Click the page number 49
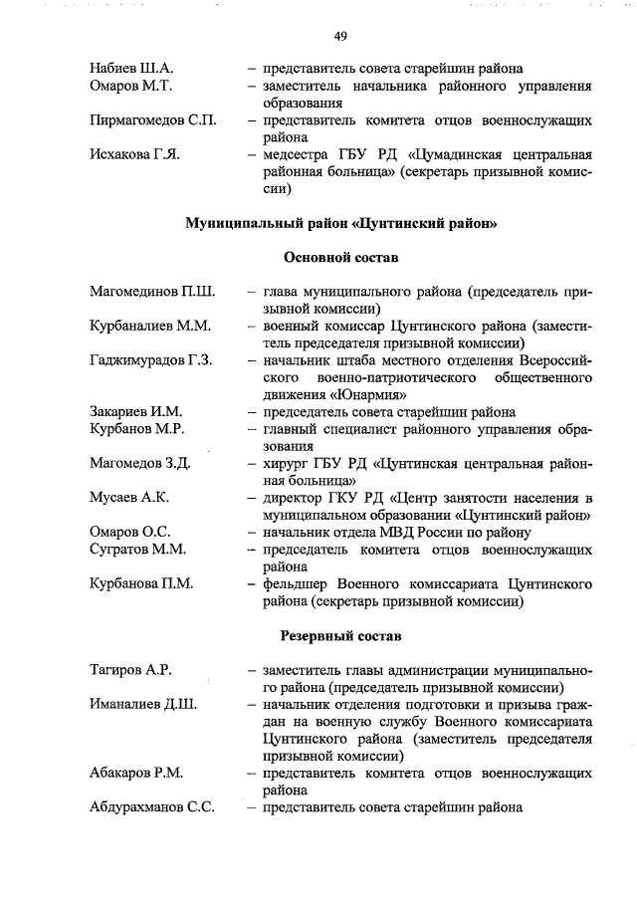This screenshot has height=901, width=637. (x=340, y=36)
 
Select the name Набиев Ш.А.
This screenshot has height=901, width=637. (x=131, y=69)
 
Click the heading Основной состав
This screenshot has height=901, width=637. (x=341, y=257)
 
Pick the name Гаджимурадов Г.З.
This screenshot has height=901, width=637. (x=150, y=359)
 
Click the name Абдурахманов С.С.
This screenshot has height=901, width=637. (x=152, y=807)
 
